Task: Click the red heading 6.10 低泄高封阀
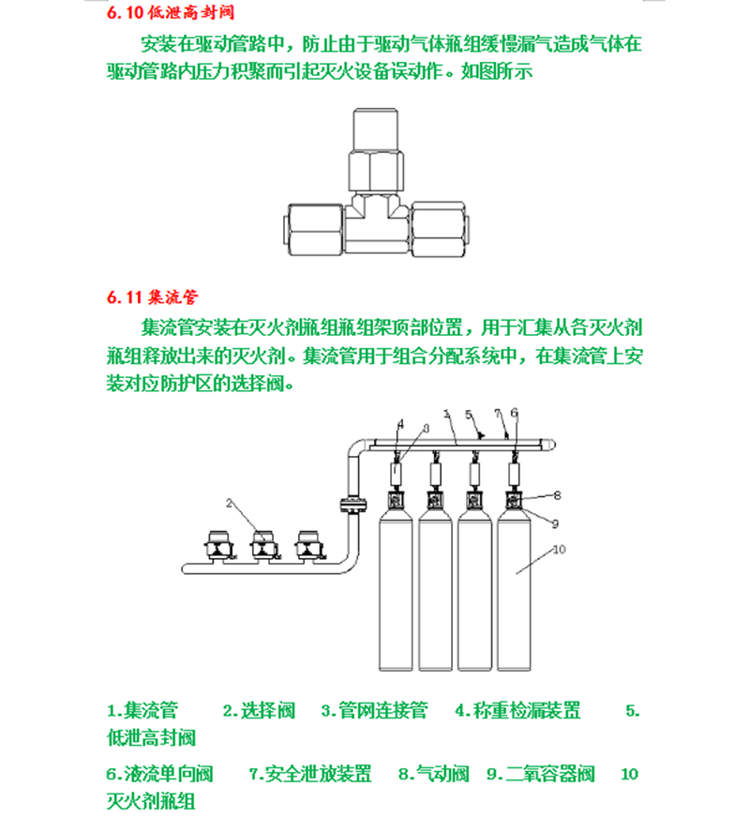[171, 12]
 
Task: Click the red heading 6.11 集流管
[152, 297]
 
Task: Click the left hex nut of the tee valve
[316, 230]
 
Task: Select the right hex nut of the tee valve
[438, 230]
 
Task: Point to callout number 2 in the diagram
[229, 504]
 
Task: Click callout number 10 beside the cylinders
[559, 549]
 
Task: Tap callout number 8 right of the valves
[557, 495]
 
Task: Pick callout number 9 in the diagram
[555, 523]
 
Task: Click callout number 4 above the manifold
[400, 424]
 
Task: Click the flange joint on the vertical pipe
[353, 504]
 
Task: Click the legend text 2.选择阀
[259, 711]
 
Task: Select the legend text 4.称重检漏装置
[517, 711]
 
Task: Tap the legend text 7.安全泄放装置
[310, 774]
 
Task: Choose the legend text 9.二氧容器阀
[541, 774]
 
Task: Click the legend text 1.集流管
[142, 711]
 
